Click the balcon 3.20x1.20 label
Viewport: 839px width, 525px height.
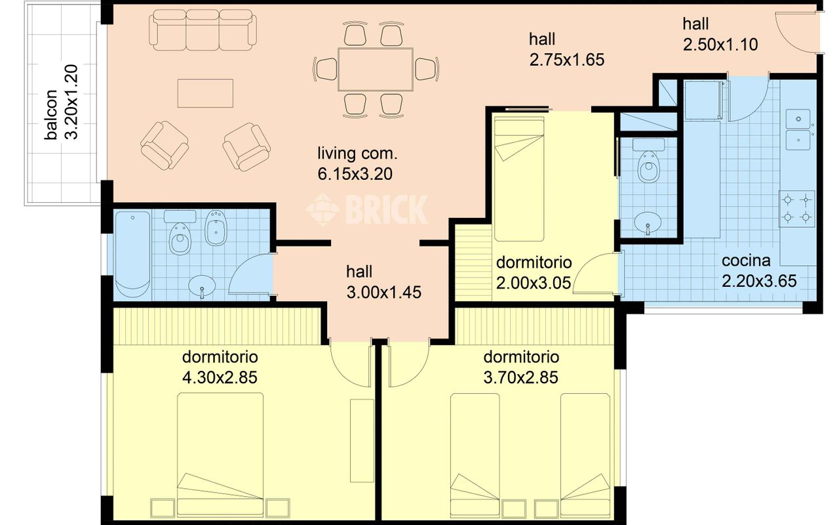[x=61, y=102]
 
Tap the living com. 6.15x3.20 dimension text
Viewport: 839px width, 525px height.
[x=357, y=164]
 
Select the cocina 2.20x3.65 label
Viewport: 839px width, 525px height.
[x=759, y=271]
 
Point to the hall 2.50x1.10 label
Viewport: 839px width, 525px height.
[x=719, y=35]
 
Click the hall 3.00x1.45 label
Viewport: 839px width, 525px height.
[x=383, y=282]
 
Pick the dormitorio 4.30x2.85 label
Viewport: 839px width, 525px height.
[x=220, y=367]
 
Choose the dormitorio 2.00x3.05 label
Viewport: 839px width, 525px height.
[x=534, y=272]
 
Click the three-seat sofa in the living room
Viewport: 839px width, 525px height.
[x=203, y=30]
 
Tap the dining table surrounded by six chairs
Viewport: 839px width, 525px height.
[x=376, y=69]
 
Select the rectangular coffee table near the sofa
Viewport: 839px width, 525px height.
[x=205, y=93]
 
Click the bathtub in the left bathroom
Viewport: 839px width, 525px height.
[x=132, y=255]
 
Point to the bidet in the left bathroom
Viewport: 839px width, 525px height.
[x=216, y=228]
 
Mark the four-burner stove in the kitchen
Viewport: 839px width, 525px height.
[x=796, y=209]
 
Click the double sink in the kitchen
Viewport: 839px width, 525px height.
[x=798, y=129]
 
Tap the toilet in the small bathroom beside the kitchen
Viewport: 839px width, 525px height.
[x=649, y=161]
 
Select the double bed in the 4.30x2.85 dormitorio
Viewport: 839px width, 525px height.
[x=220, y=454]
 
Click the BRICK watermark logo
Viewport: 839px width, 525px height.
[x=367, y=209]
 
